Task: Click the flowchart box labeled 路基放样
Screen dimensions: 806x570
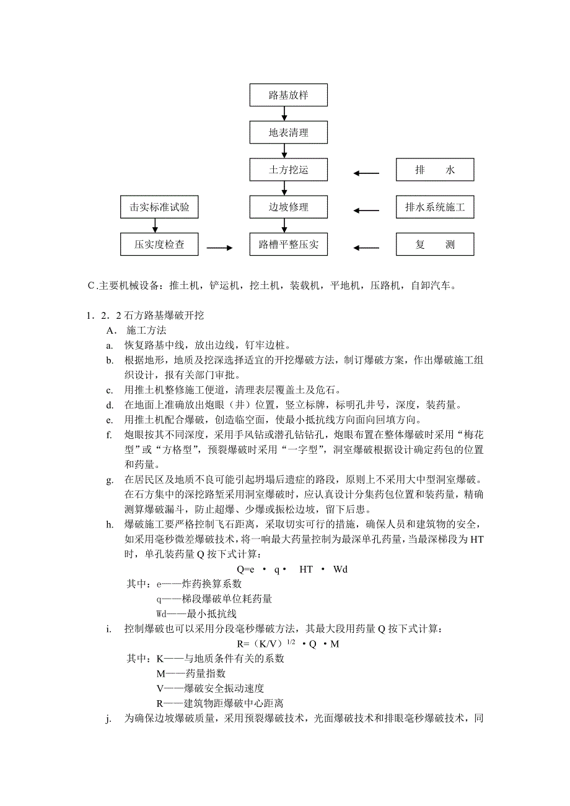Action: pyautogui.click(x=288, y=95)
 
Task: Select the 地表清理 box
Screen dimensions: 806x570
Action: pyautogui.click(x=288, y=132)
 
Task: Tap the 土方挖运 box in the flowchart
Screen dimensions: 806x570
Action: pyautogui.click(x=288, y=170)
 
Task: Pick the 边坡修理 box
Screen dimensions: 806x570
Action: pyautogui.click(x=288, y=207)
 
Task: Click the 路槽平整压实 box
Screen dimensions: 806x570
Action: pyautogui.click(x=288, y=245)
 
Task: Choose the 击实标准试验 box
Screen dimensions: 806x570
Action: pyautogui.click(x=159, y=207)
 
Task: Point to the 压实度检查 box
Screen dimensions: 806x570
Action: pyautogui.click(x=159, y=245)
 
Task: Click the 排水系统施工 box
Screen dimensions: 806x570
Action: pyautogui.click(x=435, y=207)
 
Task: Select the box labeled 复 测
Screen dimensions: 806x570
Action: pyautogui.click(x=435, y=245)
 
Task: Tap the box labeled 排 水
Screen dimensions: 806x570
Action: pyautogui.click(x=435, y=170)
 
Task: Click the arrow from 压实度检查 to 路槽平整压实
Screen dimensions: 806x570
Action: pyautogui.click(x=219, y=248)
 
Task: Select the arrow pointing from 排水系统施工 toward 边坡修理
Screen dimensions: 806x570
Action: pyautogui.click(x=366, y=210)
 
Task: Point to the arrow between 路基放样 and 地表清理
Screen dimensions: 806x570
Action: pyautogui.click(x=284, y=114)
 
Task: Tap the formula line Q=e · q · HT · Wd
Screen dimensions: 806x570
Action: pyautogui.click(x=292, y=570)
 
